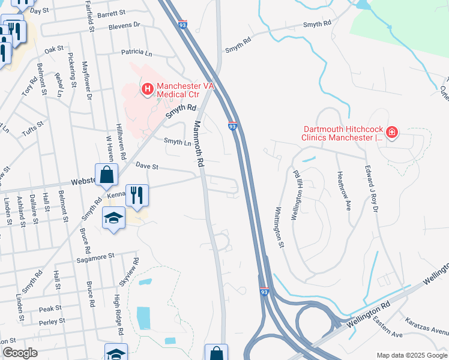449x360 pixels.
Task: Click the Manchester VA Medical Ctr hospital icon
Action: (147, 89)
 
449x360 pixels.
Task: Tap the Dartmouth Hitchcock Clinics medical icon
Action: (392, 132)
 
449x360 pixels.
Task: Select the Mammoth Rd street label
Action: (199, 144)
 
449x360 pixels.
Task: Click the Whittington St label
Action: (278, 227)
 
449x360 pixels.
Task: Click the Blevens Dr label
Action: (124, 26)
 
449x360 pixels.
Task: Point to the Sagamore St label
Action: (95, 257)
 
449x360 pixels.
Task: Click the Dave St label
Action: (147, 166)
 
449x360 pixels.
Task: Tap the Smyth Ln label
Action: (177, 142)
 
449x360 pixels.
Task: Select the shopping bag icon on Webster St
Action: (106, 175)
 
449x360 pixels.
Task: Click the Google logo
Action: (20, 353)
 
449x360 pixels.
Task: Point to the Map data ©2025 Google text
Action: (411, 355)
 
